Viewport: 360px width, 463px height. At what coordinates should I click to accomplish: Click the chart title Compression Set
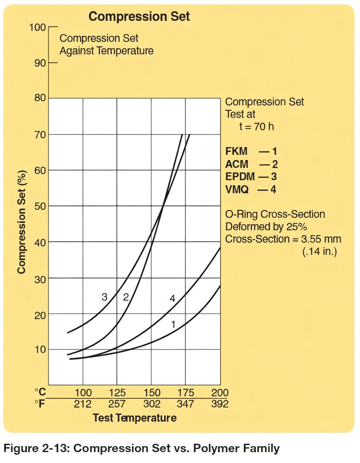139,16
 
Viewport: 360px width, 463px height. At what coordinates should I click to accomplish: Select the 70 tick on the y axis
39,134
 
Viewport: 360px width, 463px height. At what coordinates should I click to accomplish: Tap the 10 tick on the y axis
39,350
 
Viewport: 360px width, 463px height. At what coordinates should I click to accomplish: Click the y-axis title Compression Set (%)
22,222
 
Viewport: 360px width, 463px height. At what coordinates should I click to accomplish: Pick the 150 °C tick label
151,393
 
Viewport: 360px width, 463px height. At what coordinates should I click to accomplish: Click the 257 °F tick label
117,404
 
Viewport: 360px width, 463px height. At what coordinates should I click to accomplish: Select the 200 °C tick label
220,393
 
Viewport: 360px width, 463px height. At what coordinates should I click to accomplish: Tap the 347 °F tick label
186,404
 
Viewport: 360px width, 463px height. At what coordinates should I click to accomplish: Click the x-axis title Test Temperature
135,418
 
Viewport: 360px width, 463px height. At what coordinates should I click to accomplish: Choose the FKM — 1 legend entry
251,152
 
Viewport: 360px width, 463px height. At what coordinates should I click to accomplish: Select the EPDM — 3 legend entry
251,176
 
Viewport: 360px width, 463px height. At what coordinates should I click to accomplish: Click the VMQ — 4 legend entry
251,189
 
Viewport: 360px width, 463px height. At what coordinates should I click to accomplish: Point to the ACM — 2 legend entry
251,164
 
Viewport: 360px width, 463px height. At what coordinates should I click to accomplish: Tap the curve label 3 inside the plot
104,297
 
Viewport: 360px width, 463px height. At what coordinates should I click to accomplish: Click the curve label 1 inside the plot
173,324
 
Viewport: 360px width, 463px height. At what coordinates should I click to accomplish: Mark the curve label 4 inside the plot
172,298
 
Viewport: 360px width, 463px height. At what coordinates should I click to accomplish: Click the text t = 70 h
257,127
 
